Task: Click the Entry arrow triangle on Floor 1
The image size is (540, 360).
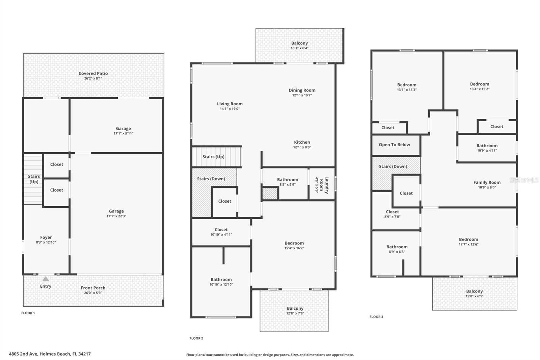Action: (46, 279)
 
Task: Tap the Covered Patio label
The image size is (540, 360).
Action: (93, 73)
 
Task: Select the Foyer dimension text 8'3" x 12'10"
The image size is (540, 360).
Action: (46, 242)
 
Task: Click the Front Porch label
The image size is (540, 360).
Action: (93, 288)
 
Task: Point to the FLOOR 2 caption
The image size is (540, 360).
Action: (196, 338)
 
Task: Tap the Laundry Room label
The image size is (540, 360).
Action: (324, 185)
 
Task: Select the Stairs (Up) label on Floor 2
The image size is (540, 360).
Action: (213, 157)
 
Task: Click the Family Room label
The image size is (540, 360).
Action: (487, 182)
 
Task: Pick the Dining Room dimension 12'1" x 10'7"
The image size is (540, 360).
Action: (302, 95)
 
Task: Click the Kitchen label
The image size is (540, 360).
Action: (302, 142)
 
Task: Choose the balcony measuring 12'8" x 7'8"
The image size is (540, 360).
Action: (295, 311)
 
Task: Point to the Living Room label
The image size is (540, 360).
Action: (230, 104)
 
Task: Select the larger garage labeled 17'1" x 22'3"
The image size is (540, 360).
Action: (116, 213)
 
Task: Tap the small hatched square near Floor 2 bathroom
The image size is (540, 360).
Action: (270, 194)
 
